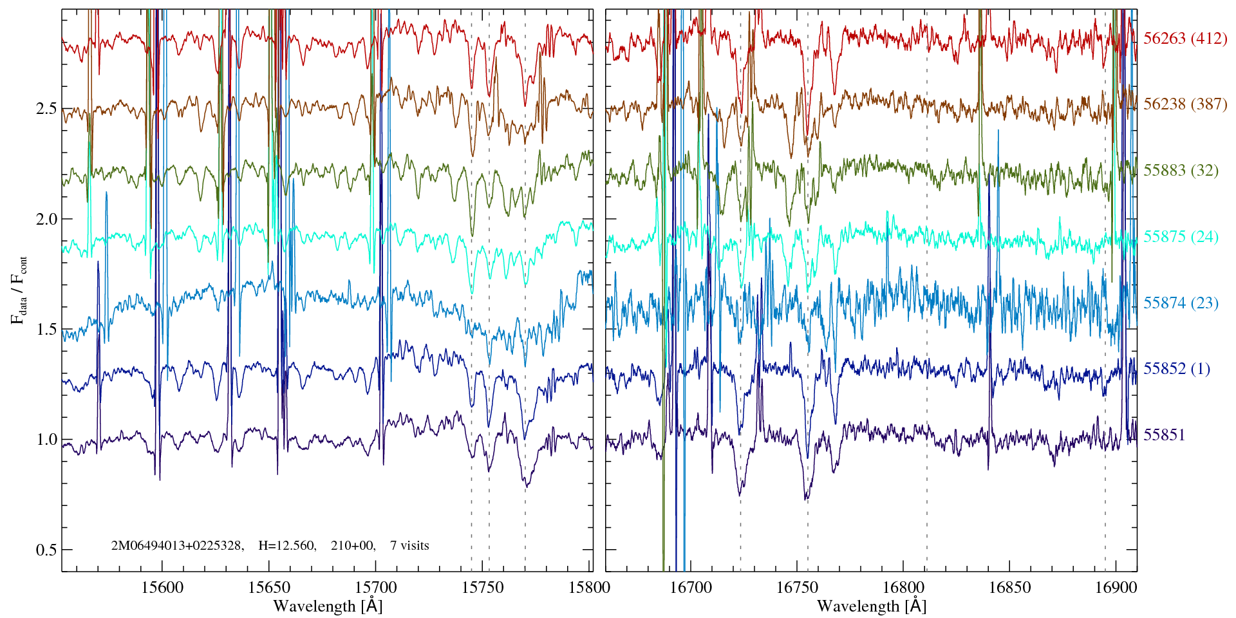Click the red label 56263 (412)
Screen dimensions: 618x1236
pyautogui.click(x=1184, y=39)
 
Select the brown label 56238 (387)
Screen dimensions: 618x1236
pyautogui.click(x=1184, y=104)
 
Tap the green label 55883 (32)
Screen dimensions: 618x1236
pyautogui.click(x=1181, y=171)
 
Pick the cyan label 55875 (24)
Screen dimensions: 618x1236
pyautogui.click(x=1181, y=237)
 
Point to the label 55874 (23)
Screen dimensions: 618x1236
pyautogui.click(x=1181, y=303)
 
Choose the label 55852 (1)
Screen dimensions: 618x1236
pyautogui.click(x=1177, y=369)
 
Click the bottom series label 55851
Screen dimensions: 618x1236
pyautogui.click(x=1164, y=435)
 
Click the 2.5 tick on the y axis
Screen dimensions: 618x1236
pyautogui.click(x=46, y=108)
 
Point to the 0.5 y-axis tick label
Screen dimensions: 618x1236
pyautogui.click(x=46, y=550)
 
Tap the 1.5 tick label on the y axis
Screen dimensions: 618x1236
pyautogui.click(x=46, y=330)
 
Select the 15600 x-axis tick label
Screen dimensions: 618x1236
pyautogui.click(x=162, y=587)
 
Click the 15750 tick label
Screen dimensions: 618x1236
pyautogui.click(x=483, y=587)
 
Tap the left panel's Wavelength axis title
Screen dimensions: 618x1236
pyautogui.click(x=328, y=606)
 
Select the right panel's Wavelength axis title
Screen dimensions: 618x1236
pyautogui.click(x=872, y=606)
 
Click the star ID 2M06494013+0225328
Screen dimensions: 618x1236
pyautogui.click(x=177, y=546)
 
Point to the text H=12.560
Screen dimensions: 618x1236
pyautogui.click(x=286, y=546)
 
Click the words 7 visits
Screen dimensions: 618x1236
pyautogui.click(x=409, y=546)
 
